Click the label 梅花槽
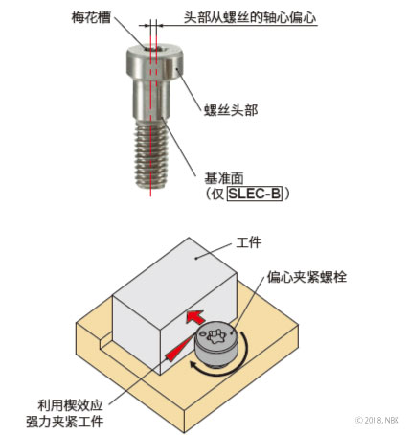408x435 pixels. point(91,16)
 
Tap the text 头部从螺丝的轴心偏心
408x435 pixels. point(250,17)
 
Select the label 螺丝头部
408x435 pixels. point(231,110)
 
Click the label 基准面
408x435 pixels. point(224,178)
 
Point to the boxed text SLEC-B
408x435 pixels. point(255,194)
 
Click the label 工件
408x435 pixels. point(249,242)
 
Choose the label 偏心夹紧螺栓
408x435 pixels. point(306,277)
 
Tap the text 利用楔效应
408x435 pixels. point(70,405)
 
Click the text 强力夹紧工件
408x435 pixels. point(65,422)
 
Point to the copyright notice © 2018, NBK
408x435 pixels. point(377,420)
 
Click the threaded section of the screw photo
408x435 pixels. point(151,154)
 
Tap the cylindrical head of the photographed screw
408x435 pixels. point(154,62)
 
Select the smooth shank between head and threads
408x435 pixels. point(151,100)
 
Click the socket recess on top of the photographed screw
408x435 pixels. point(154,49)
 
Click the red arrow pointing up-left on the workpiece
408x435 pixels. point(195,317)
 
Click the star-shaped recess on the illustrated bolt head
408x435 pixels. point(216,336)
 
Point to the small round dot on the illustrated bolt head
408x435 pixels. point(202,334)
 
